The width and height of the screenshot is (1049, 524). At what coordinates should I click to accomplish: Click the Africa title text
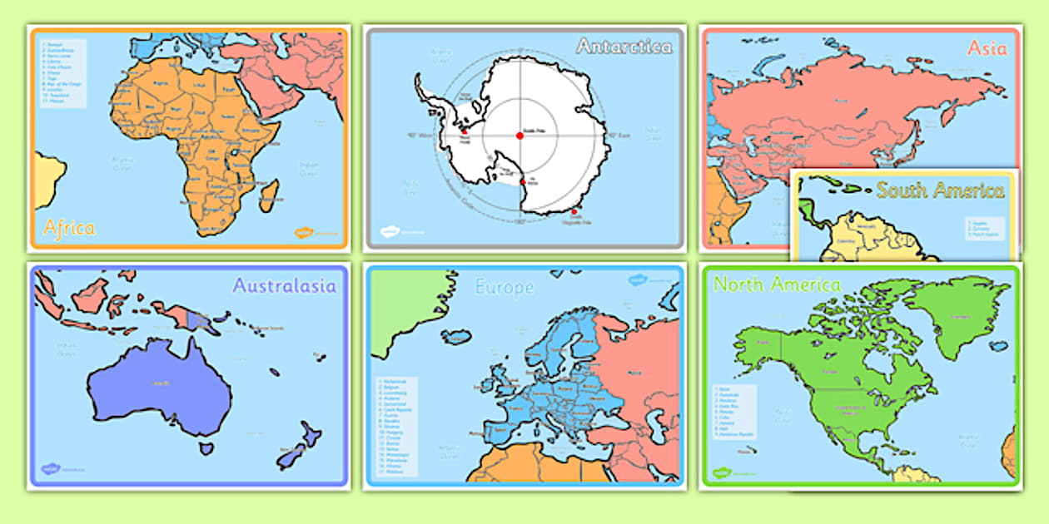pos(69,227)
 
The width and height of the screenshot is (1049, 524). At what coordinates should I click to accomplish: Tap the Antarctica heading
pos(624,47)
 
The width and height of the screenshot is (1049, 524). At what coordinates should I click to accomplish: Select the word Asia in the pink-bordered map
pos(987,48)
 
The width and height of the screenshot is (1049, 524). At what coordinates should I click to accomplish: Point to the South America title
pos(940,190)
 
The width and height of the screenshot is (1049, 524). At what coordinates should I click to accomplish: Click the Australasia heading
pos(284,286)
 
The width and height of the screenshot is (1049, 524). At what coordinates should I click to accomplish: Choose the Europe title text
pos(504,288)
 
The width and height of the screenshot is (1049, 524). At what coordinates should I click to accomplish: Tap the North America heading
pos(777,284)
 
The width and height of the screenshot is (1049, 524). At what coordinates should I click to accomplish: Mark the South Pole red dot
pos(520,136)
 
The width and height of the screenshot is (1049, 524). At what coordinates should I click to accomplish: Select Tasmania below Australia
pos(206,448)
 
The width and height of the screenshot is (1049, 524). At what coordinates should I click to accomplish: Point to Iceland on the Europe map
pos(456,336)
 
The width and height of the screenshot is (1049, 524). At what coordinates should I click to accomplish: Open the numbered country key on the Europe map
pos(397,426)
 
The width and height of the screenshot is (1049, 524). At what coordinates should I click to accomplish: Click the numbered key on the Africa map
pos(63,72)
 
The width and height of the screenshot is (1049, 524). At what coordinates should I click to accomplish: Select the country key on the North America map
pos(733,412)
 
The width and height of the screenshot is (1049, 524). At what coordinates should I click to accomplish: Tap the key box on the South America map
pos(984,227)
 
